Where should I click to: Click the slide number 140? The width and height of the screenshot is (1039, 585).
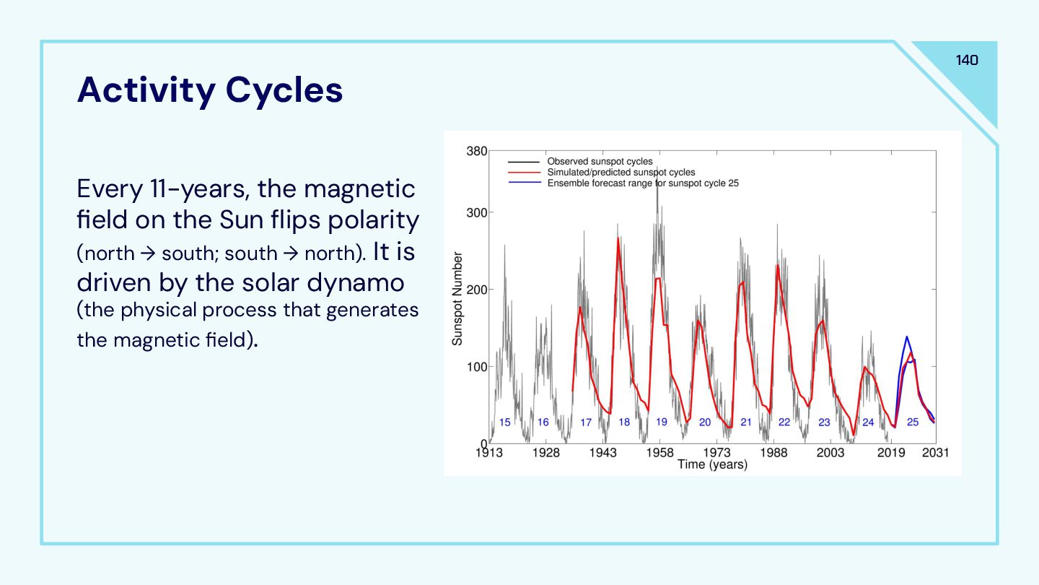click(967, 60)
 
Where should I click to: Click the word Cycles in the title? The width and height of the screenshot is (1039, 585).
click(284, 90)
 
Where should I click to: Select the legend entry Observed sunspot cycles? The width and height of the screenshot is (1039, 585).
click(600, 162)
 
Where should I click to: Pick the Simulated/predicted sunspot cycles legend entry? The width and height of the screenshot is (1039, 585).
click(621, 173)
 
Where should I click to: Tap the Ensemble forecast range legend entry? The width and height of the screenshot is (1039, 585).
click(642, 183)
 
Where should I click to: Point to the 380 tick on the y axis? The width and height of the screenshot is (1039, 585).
click(476, 152)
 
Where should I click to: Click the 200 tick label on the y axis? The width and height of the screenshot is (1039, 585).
click(476, 290)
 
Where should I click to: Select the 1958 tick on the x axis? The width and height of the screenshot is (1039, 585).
click(659, 453)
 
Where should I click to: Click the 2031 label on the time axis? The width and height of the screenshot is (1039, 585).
click(934, 453)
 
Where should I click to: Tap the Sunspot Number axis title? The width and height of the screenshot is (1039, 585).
click(457, 298)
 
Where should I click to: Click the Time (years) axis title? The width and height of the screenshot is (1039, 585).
click(712, 464)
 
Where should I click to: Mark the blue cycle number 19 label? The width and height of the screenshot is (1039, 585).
click(662, 422)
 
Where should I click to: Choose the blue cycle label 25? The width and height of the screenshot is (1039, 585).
click(913, 422)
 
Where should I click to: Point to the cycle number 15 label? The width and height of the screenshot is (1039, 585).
click(505, 422)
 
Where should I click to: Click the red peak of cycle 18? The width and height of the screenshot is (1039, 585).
click(618, 239)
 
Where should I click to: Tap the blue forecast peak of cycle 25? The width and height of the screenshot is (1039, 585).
click(907, 337)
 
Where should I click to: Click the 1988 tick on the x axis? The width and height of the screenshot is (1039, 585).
click(773, 453)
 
